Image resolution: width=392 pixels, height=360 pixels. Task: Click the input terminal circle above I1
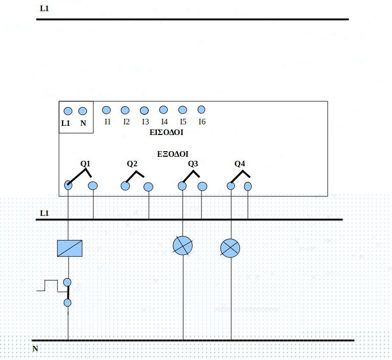click(106, 110)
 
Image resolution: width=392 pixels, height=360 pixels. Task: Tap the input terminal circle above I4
click(163, 109)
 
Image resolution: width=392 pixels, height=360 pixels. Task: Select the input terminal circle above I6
click(201, 109)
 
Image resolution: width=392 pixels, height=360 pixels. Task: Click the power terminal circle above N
click(83, 111)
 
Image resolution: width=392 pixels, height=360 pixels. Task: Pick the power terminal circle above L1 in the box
click(68, 111)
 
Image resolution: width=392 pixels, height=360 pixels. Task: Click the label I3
click(145, 122)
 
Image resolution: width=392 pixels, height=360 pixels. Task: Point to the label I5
click(183, 122)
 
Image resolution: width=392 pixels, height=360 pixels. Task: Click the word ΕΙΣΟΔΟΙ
click(166, 133)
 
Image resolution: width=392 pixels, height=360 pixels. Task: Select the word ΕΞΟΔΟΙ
click(173, 153)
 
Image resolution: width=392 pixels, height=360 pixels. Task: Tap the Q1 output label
click(85, 164)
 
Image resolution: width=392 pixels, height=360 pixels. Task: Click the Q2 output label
click(132, 164)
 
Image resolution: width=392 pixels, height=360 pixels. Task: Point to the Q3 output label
click(193, 164)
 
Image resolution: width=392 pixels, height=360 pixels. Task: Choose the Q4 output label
click(240, 164)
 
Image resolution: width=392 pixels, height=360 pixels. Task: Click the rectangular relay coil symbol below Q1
click(70, 248)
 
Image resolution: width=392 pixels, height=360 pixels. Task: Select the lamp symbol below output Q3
click(183, 246)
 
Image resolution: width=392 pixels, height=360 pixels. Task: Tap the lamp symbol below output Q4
click(230, 248)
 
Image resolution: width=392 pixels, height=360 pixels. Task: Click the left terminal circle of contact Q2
click(125, 186)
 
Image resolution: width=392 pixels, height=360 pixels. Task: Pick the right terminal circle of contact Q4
click(248, 186)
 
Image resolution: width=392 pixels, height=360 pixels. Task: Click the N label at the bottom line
click(35, 349)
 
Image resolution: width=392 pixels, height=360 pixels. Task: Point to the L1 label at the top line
click(44, 9)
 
